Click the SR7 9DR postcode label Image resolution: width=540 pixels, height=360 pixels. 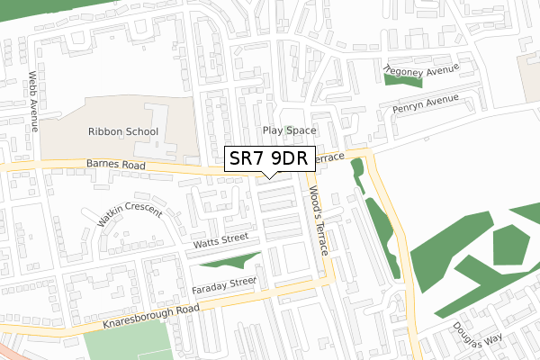coord(269,158)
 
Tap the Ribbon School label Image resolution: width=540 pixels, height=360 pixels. coord(123,131)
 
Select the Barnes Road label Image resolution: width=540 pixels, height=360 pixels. coord(114,166)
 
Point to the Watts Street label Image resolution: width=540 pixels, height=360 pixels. coord(220,240)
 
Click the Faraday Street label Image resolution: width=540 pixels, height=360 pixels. coord(224,285)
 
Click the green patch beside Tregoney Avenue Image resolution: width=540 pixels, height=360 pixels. coord(402,79)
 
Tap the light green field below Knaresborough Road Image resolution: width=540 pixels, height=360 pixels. coord(130,342)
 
